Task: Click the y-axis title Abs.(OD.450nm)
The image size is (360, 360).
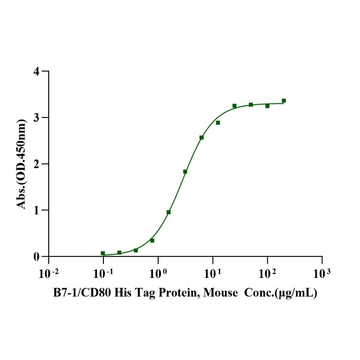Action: point(22,164)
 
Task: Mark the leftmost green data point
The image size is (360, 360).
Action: point(103,253)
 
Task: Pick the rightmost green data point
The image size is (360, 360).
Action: point(284,101)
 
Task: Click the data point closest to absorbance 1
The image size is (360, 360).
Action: point(168,212)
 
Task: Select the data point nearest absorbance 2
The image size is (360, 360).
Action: point(185,172)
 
